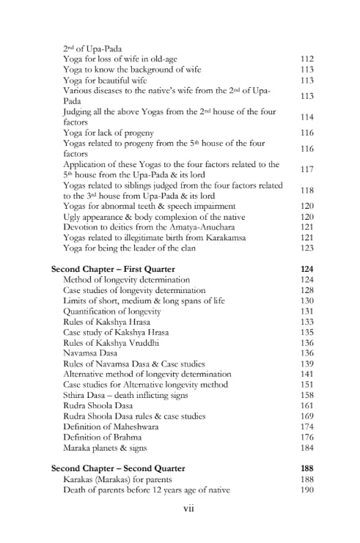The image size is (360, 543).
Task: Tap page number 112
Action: [307, 59]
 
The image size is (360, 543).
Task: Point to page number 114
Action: [307, 117]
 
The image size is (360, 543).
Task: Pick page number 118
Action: [307, 190]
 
